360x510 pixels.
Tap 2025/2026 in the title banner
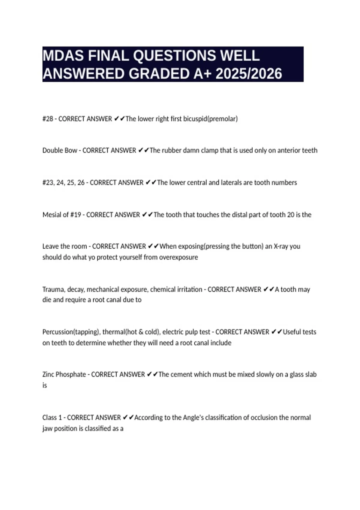click(x=249, y=74)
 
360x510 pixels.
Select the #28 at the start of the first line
click(x=47, y=119)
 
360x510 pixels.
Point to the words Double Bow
click(x=60, y=150)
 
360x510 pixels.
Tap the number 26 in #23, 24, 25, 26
click(x=81, y=183)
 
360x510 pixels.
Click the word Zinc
click(x=48, y=374)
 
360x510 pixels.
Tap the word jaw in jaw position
click(x=47, y=429)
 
